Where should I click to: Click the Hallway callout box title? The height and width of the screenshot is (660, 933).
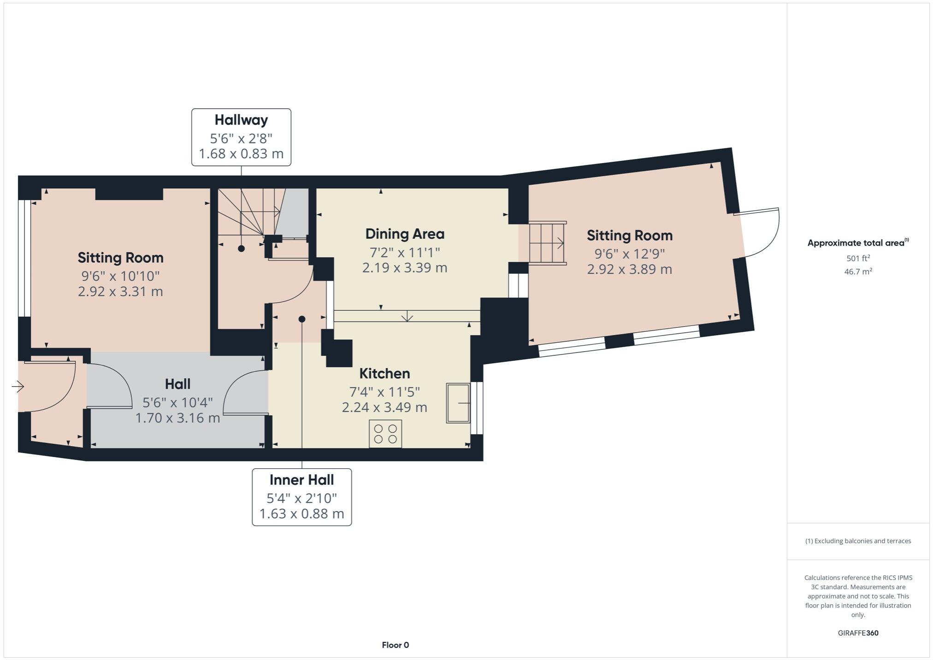click(241, 120)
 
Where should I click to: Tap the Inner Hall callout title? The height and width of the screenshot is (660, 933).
click(301, 480)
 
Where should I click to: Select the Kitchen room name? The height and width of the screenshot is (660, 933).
click(384, 373)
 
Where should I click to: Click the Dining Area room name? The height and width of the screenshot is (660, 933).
click(405, 234)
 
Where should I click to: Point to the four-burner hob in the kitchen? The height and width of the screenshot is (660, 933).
click(385, 434)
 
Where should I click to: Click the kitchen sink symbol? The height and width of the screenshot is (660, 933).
click(458, 403)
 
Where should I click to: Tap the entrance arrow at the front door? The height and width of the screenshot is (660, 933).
click(18, 386)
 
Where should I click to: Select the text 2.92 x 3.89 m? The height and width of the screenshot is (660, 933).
click(629, 269)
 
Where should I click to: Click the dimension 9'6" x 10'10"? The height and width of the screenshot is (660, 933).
click(120, 276)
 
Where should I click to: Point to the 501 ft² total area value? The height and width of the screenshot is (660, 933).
click(858, 258)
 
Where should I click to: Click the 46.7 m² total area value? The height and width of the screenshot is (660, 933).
click(858, 271)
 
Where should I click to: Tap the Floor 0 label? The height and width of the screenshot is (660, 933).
click(395, 645)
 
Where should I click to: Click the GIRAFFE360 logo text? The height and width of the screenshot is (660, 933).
click(858, 633)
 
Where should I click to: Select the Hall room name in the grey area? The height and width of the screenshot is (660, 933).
click(177, 384)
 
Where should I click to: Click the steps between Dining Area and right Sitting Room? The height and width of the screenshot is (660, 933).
click(547, 243)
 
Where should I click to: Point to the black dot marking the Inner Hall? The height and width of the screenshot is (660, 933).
click(301, 319)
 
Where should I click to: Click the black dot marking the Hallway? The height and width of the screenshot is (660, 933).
click(241, 248)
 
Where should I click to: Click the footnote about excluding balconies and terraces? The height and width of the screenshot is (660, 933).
click(858, 541)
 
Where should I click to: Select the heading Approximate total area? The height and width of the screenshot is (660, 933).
click(856, 243)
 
